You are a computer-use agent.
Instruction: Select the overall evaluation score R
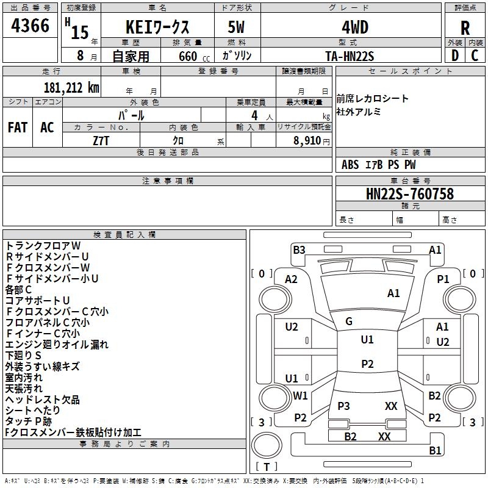465,29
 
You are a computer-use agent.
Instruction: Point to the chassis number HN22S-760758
409,194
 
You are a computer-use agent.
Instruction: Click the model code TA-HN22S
350,56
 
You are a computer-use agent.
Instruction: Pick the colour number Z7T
101,140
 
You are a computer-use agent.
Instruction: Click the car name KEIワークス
157,28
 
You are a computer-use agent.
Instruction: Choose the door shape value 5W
237,28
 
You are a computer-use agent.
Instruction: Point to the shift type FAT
18,127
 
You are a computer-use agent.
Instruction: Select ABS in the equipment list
350,164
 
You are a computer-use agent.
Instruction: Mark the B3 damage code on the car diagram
299,249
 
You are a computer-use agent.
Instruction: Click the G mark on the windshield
349,321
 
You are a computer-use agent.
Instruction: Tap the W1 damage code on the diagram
300,395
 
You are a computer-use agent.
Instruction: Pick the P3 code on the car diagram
343,406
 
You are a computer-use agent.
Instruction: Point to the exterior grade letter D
454,56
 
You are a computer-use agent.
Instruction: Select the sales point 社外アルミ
359,111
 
